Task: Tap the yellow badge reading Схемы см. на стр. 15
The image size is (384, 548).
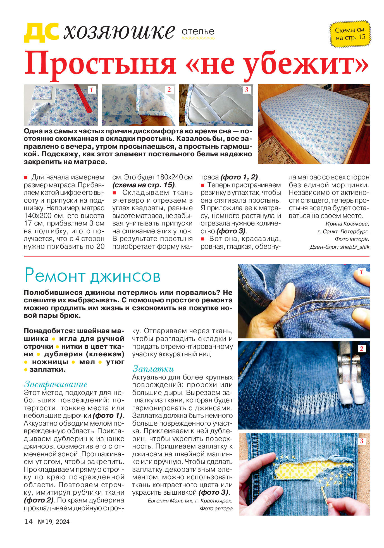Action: tap(350, 34)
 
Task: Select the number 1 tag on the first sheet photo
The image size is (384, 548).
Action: tap(91, 90)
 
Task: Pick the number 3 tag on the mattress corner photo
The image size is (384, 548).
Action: tap(246, 90)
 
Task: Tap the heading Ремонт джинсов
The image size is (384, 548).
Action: tap(92, 276)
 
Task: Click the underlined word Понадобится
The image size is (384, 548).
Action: tap(48, 331)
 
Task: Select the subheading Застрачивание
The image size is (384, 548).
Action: tap(56, 384)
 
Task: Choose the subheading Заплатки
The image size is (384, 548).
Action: tap(153, 369)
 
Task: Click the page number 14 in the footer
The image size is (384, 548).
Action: tap(28, 521)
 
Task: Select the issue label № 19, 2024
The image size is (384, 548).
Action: tap(54, 522)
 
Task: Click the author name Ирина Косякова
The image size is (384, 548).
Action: tap(347, 224)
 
